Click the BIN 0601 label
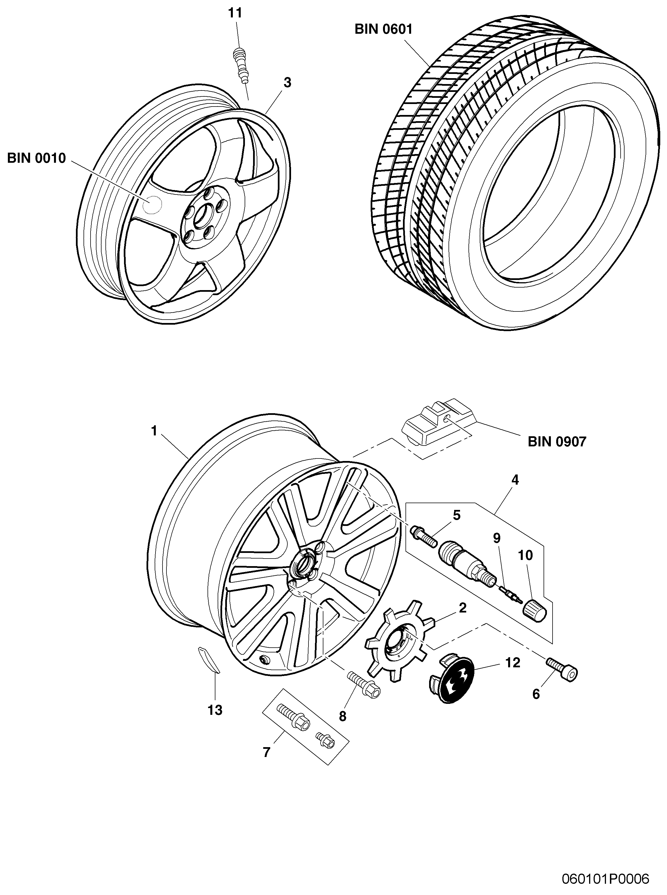(383, 30)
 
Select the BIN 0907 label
(557, 442)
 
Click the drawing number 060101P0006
(606, 876)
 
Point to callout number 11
(235, 13)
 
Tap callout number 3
(287, 82)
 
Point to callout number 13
(215, 710)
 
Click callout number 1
(154, 431)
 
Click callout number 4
(515, 480)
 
